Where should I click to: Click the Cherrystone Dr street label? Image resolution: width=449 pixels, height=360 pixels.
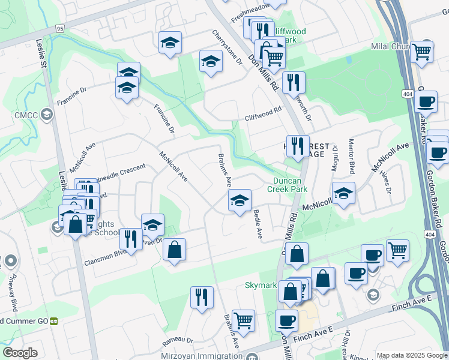coord(226,47)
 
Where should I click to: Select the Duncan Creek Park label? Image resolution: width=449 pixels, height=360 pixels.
coord(290,184)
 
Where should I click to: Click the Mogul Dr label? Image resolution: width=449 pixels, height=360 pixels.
coord(336,158)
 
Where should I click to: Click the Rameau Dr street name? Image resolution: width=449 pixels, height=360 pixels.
coord(178,341)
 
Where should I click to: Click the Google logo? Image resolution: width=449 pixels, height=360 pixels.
coord(20,353)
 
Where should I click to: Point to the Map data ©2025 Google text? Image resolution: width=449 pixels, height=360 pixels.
coord(411,355)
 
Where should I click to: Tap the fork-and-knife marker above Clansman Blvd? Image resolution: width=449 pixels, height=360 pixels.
coord(130,239)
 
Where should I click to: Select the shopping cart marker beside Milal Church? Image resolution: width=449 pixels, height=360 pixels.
coord(422,52)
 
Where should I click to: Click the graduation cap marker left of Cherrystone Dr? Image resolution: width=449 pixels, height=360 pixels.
coord(210,62)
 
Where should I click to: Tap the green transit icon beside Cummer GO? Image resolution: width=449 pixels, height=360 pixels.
coord(53,321)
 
